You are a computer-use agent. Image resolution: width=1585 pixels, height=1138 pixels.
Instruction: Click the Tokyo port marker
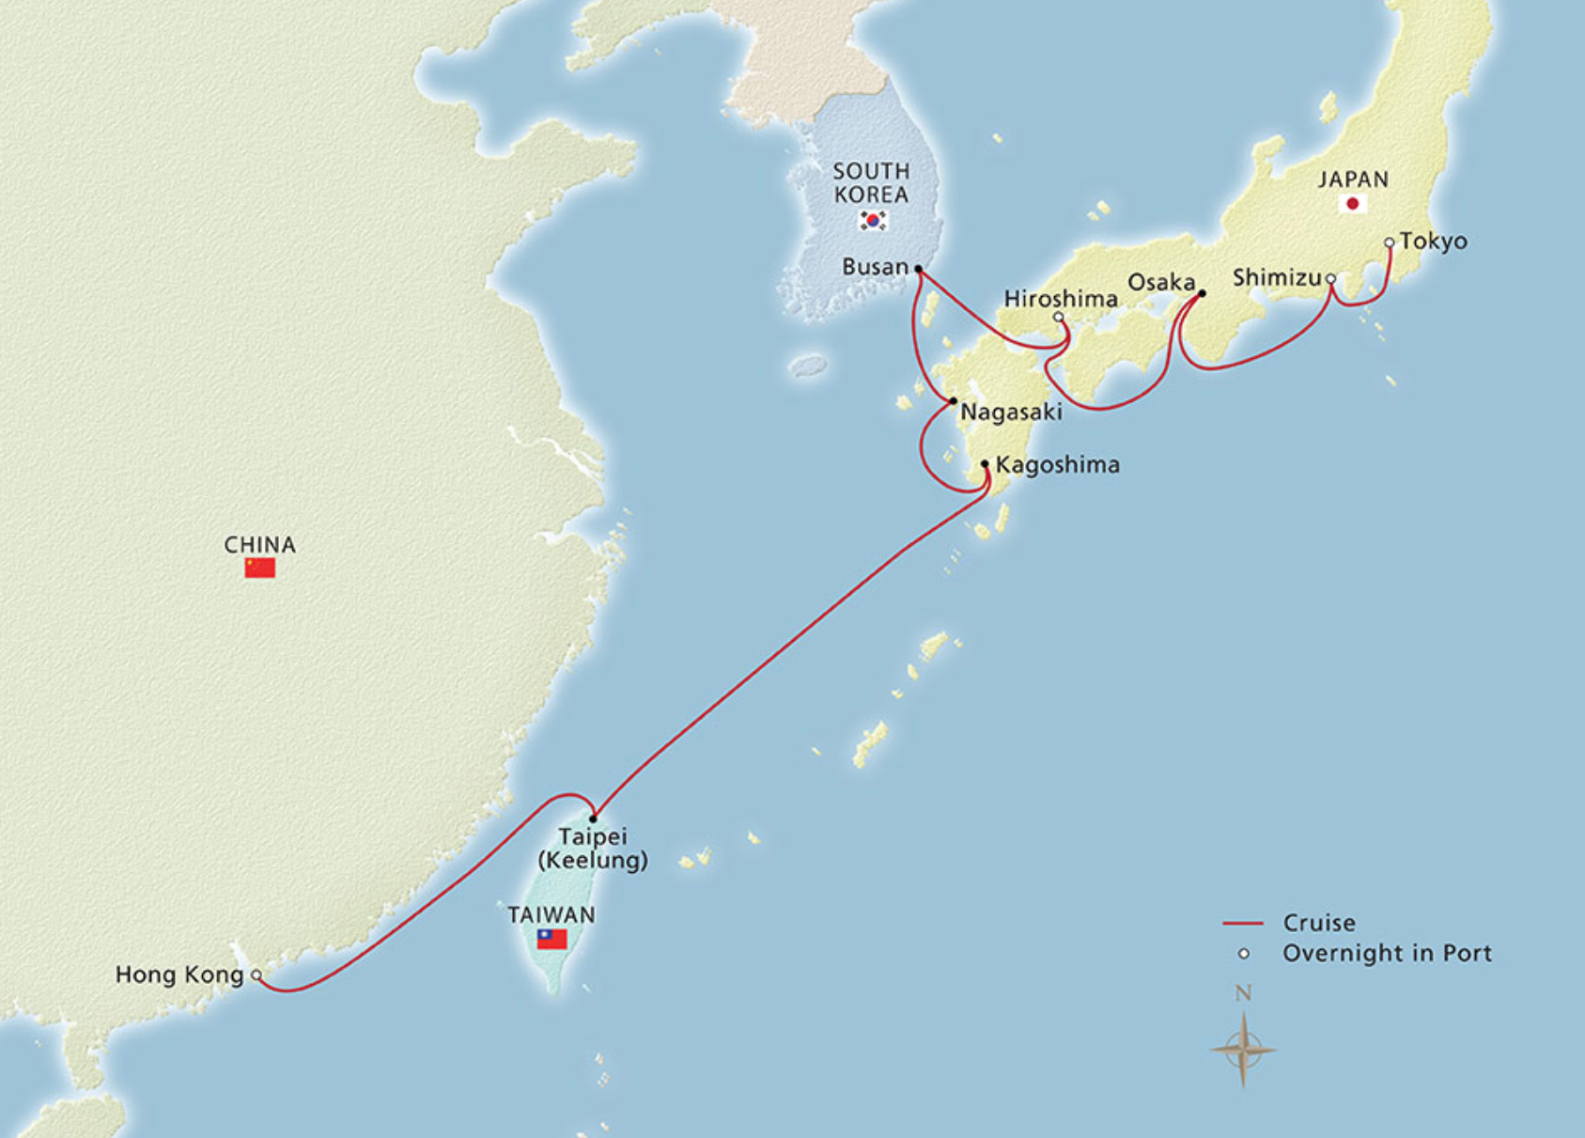click(x=1390, y=242)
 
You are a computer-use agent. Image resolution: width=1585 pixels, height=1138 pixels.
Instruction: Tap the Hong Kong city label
click(x=179, y=974)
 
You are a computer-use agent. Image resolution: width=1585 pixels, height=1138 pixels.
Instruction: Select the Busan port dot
click(x=918, y=269)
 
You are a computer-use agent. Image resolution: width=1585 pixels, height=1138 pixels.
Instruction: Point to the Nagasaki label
click(x=1011, y=412)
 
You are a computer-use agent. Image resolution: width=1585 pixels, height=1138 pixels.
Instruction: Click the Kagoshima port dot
click(x=985, y=464)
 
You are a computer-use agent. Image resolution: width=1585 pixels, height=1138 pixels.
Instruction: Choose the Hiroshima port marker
click(x=1059, y=317)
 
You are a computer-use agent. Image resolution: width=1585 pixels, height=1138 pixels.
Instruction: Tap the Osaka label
click(x=1161, y=282)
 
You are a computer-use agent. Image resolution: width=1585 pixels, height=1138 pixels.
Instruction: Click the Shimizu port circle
click(x=1330, y=279)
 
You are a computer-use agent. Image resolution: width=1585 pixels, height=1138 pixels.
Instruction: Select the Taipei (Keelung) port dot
click(x=593, y=818)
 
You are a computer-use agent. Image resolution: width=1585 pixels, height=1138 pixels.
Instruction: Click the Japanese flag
click(x=1353, y=204)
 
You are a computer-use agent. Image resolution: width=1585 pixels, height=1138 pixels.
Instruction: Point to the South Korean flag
click(x=873, y=220)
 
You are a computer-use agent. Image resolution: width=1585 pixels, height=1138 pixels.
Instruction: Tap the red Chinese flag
click(x=260, y=568)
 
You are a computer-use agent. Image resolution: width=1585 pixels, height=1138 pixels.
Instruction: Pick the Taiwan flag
click(x=552, y=938)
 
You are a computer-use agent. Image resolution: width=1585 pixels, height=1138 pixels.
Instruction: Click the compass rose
click(x=1243, y=1049)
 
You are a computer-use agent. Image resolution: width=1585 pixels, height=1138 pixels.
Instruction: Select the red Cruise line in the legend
click(x=1242, y=924)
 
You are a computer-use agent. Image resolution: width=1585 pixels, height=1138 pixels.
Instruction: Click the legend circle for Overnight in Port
click(x=1243, y=954)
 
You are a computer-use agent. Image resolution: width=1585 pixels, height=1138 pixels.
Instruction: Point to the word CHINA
click(x=260, y=545)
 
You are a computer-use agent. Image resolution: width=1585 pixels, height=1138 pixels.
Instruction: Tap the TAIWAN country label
click(x=552, y=914)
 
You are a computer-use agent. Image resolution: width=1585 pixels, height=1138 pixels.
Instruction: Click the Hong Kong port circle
click(x=256, y=975)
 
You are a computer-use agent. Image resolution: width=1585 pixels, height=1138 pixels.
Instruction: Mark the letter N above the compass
click(x=1243, y=993)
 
